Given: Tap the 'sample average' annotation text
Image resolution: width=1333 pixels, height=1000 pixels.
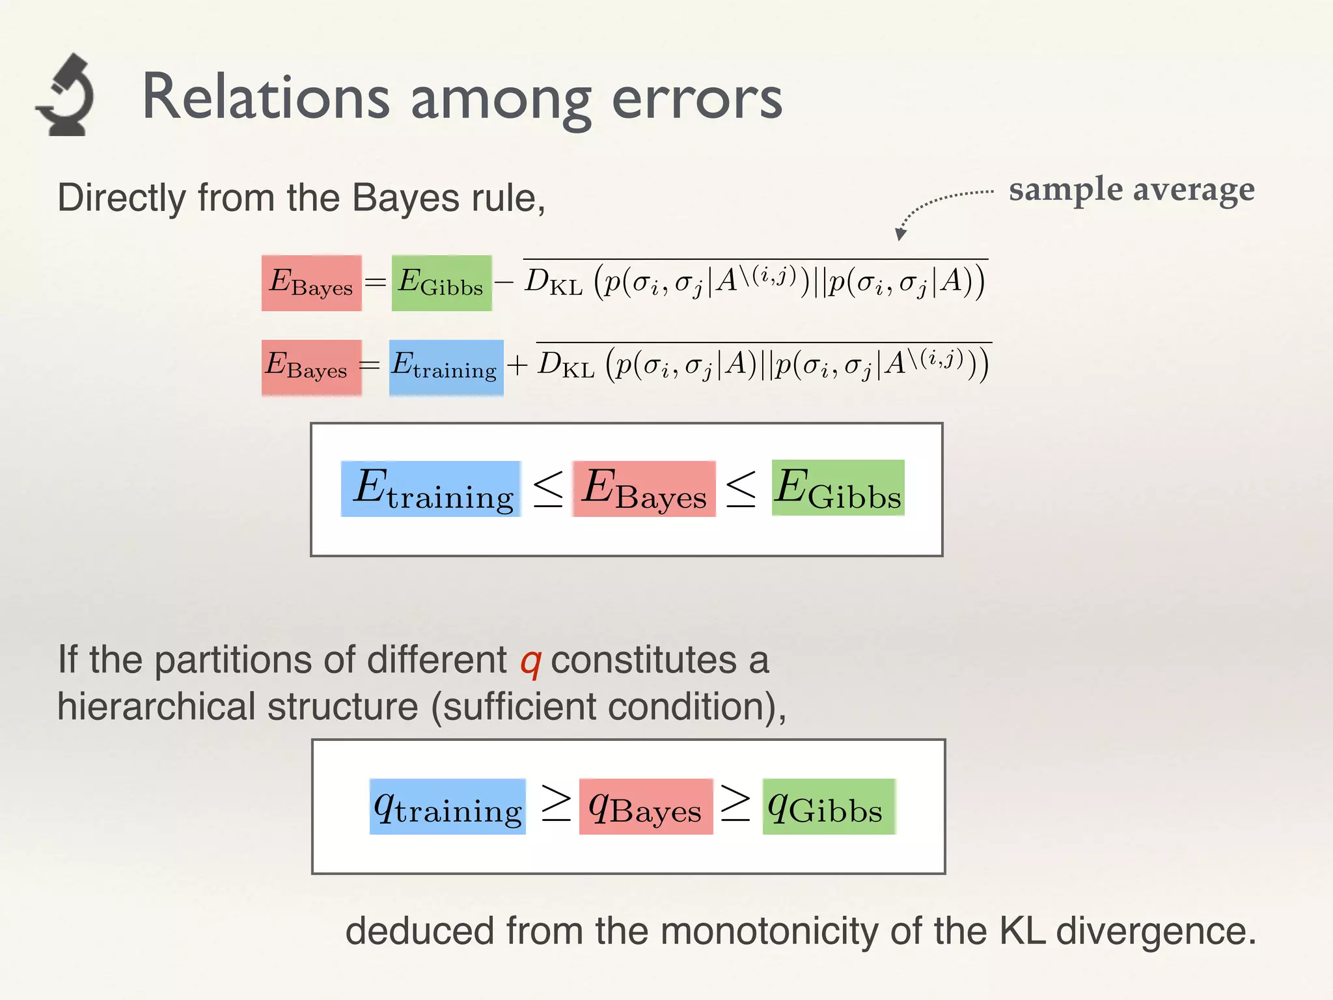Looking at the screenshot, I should [x=1131, y=190].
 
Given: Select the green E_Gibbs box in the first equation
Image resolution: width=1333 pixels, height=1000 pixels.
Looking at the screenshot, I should [x=441, y=283].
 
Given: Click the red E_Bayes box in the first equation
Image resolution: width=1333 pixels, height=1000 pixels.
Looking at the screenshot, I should [x=311, y=283].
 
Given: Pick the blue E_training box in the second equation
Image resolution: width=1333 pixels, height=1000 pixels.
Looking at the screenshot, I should [x=446, y=368].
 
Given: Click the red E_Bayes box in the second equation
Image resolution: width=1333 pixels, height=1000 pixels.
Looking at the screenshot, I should [x=311, y=368].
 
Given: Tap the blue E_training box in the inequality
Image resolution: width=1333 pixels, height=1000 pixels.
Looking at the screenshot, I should [x=431, y=489].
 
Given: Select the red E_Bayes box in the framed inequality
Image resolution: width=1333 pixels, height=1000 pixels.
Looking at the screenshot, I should [x=644, y=489].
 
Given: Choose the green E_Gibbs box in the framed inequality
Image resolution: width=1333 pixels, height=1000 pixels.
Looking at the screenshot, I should [x=838, y=488].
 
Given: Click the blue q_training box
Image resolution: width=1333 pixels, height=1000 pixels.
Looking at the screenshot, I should [x=447, y=807].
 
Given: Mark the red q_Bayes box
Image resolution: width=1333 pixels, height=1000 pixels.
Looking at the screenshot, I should [x=646, y=807].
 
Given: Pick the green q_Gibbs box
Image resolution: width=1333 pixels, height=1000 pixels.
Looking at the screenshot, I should [x=829, y=807].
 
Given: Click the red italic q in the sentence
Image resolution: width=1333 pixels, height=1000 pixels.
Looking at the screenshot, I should [x=530, y=662].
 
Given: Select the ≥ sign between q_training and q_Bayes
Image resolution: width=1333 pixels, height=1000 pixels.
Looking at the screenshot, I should [x=556, y=803].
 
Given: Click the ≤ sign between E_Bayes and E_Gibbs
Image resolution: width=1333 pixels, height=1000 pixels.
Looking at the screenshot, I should [x=741, y=488].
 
